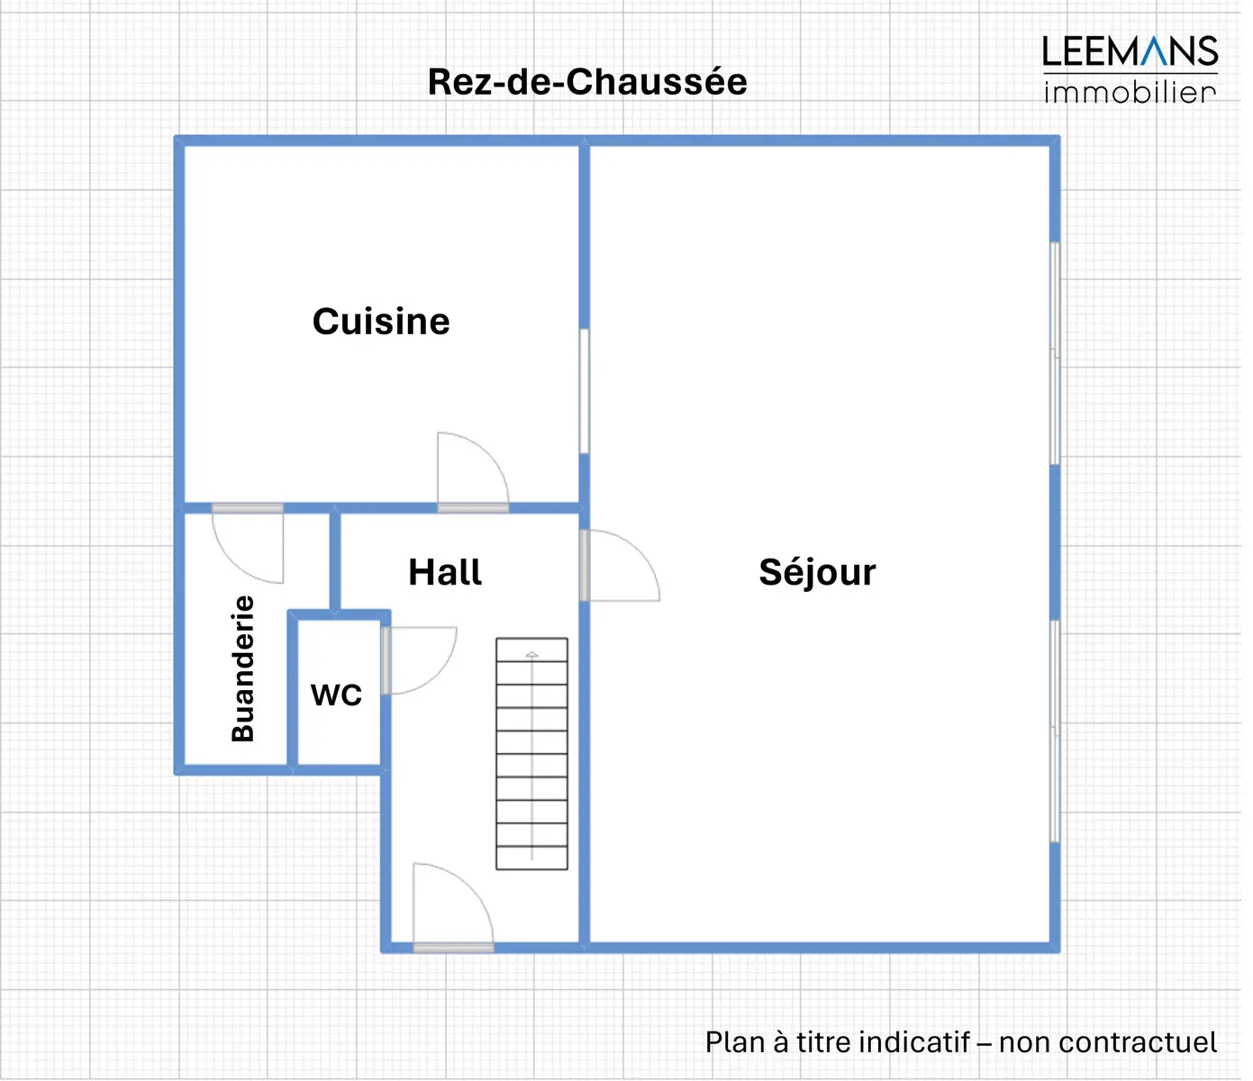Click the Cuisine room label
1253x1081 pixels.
tap(381, 322)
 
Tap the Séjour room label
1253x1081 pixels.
tap(817, 572)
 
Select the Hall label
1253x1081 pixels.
tap(445, 572)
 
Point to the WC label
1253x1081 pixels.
tap(336, 695)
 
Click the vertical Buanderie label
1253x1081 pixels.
tap(243, 668)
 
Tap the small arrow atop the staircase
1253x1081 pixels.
tap(531, 654)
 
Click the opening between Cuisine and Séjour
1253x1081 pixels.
tap(584, 392)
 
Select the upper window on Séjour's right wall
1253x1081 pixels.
tap(1055, 353)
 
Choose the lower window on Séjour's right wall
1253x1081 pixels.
tap(1055, 731)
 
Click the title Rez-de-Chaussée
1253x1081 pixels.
tap(587, 82)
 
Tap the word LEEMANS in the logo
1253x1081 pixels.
tap(1130, 51)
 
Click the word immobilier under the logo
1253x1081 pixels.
tap(1130, 92)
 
